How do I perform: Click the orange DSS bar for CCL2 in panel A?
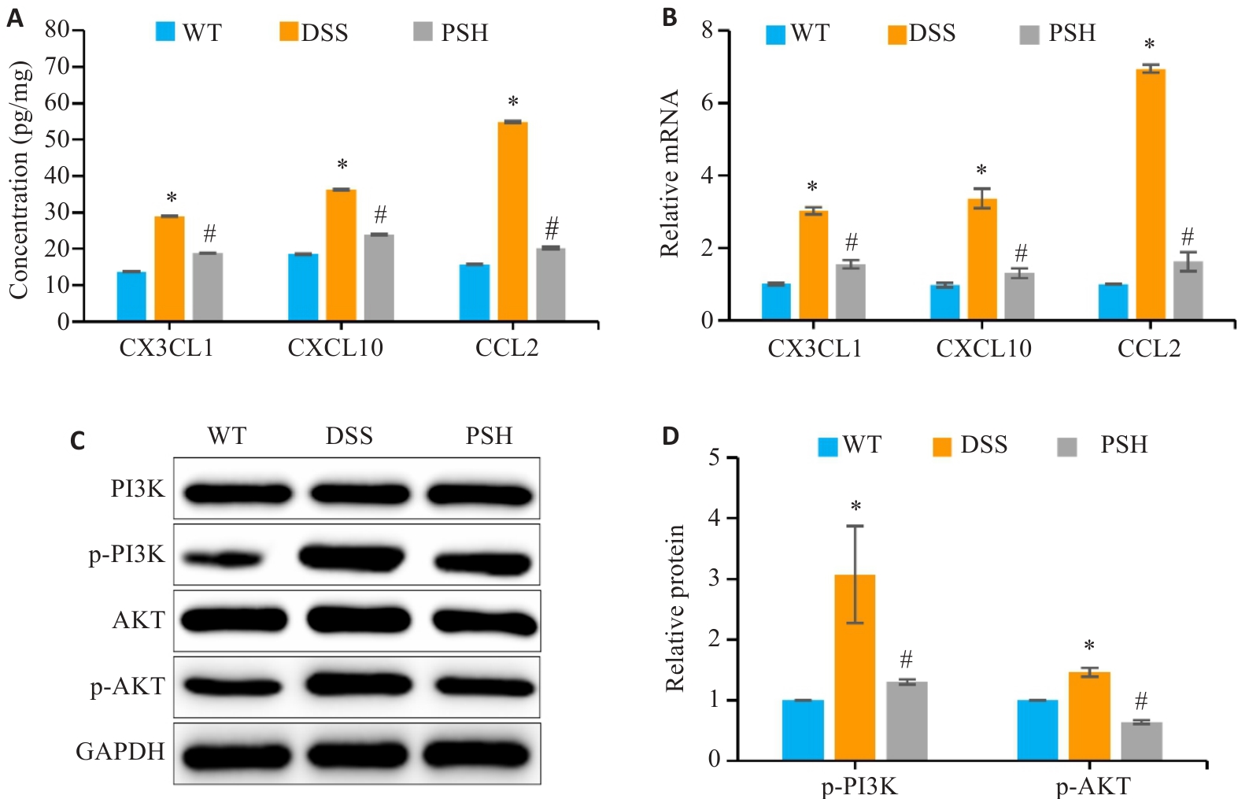(x=512, y=221)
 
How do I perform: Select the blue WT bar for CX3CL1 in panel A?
(x=131, y=295)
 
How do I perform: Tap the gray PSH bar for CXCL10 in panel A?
(x=379, y=277)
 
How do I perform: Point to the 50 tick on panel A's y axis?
(x=57, y=139)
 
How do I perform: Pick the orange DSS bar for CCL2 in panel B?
(x=1150, y=194)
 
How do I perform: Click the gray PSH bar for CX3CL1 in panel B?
(x=851, y=291)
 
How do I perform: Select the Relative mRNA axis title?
(x=670, y=173)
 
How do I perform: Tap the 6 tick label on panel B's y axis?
(x=707, y=103)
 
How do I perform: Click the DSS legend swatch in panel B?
(x=896, y=35)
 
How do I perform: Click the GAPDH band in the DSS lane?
(x=357, y=755)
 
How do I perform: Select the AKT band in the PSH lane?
(x=483, y=622)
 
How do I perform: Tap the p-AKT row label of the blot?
(x=127, y=687)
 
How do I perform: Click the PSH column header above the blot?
(x=489, y=436)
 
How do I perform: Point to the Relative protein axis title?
(x=675, y=608)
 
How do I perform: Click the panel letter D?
(x=670, y=436)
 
